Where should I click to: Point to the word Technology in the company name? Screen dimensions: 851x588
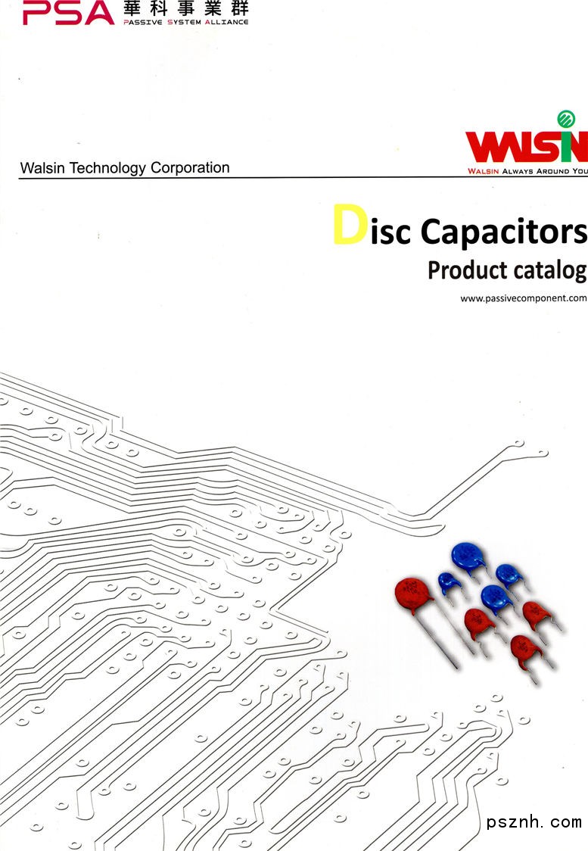[108, 168]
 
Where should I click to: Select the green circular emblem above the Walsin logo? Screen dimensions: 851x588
[566, 118]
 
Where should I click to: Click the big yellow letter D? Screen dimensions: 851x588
[350, 226]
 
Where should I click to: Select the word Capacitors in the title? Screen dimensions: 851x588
[503, 231]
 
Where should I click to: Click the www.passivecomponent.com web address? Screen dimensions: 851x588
[524, 298]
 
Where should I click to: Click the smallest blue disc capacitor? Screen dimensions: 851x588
[451, 582]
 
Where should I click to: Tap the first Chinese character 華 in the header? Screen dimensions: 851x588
[134, 9]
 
